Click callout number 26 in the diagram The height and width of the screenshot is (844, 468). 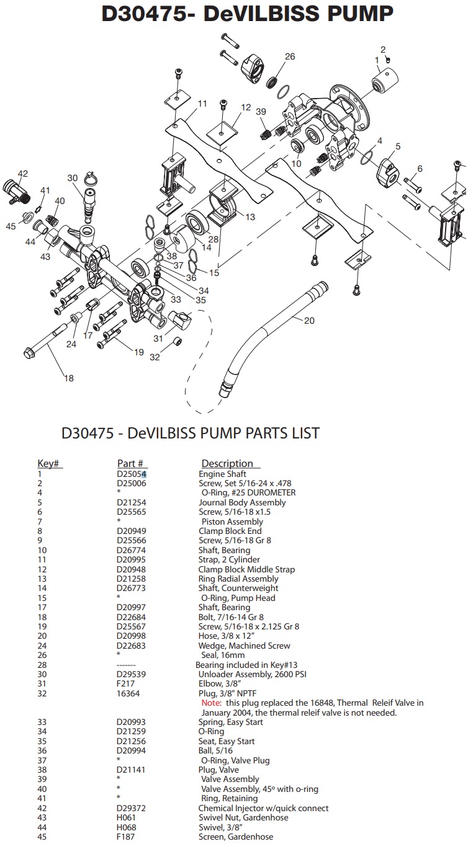coord(290,56)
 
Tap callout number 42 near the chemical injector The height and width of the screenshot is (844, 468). coord(23,173)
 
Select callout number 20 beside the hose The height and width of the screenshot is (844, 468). coord(309,321)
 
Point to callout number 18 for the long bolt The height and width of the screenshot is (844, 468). coord(69,378)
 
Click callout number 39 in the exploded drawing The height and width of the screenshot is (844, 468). coord(261,111)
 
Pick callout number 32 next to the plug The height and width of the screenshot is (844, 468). coord(155,357)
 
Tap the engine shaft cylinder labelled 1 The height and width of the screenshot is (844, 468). coord(384,81)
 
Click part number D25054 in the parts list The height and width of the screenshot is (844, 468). coord(132,474)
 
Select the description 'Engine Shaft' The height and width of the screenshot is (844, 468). coord(222,474)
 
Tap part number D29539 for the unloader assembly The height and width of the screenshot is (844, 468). coord(132,674)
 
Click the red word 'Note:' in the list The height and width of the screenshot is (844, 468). coord(211,703)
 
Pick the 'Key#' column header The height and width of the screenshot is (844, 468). coord(50,464)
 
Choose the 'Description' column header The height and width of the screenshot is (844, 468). coord(227,464)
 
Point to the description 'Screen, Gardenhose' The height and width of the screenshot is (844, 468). coord(236,837)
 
